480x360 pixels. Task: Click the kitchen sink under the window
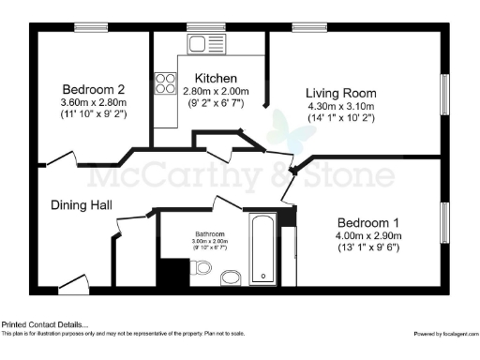pyautogui.click(x=201, y=43)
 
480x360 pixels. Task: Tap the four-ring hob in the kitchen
pyautogui.click(x=166, y=83)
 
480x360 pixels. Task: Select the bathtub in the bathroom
pyautogui.click(x=262, y=250)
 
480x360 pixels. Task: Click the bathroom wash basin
pyautogui.click(x=230, y=277)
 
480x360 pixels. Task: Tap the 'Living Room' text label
pyautogui.click(x=341, y=93)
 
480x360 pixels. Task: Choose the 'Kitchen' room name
pyautogui.click(x=216, y=77)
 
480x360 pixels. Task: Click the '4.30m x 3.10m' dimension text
pyautogui.click(x=341, y=106)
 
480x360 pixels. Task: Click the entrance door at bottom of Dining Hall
pyautogui.click(x=71, y=286)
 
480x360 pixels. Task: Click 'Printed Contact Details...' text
pyautogui.click(x=46, y=323)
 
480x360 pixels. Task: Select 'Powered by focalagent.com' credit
pyautogui.click(x=445, y=333)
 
